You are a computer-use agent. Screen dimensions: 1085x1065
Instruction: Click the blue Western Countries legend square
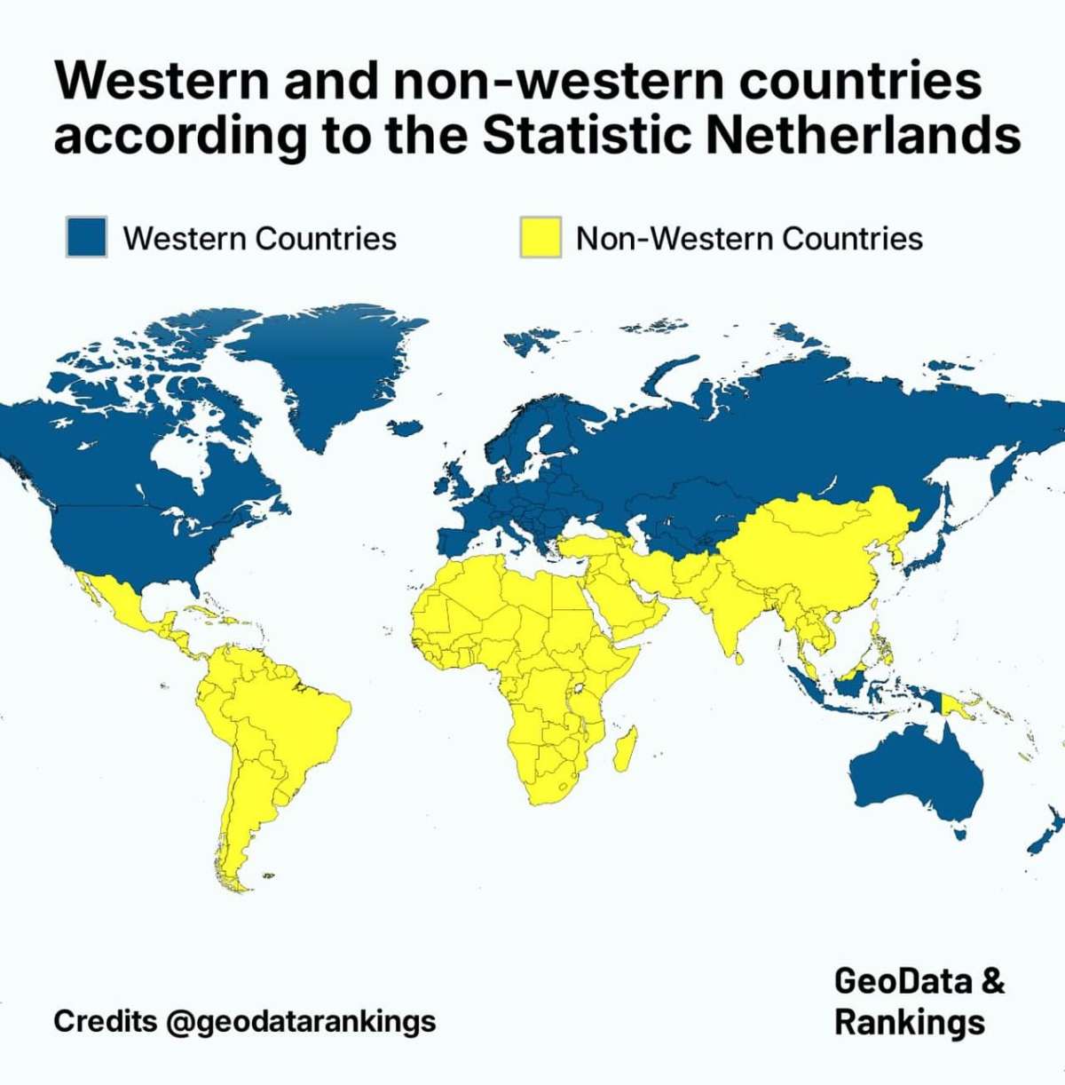click(x=86, y=237)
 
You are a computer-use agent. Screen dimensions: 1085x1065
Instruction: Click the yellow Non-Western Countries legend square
click(x=540, y=237)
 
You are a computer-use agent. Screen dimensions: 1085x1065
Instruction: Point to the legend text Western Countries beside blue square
click(x=259, y=239)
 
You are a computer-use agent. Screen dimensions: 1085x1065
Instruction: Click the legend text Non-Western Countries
click(x=749, y=239)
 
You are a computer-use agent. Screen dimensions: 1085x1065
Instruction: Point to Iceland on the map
click(x=406, y=427)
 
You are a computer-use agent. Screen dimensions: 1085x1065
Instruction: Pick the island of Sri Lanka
click(x=737, y=658)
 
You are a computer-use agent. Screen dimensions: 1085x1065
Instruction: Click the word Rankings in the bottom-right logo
click(x=909, y=1022)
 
